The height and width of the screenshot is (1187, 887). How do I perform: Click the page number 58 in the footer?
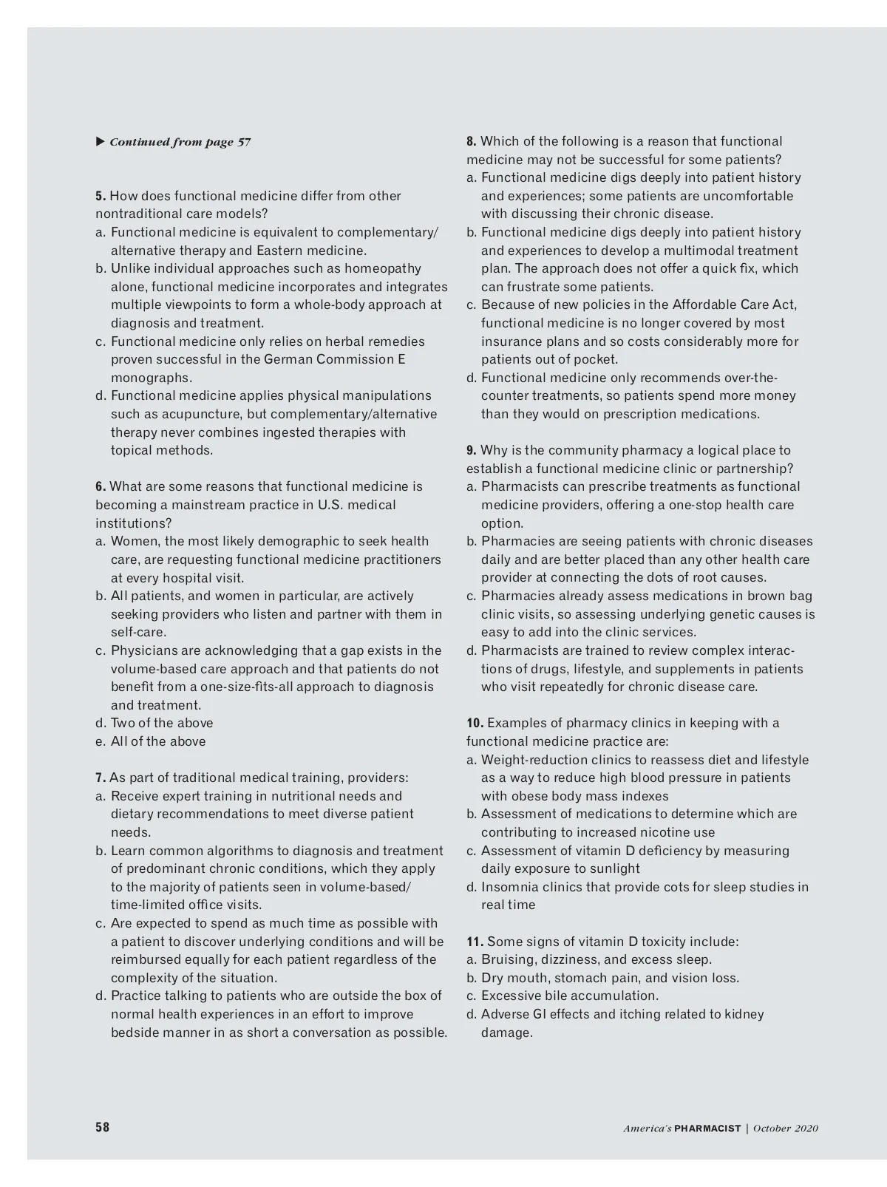point(102,1126)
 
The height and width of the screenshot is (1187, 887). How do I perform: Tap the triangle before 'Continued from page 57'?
point(100,141)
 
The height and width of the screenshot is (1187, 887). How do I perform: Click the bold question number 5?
point(101,196)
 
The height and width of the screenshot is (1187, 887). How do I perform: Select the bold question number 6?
point(101,486)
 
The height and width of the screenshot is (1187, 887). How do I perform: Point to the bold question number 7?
point(101,778)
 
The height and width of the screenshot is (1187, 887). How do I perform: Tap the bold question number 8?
point(472,141)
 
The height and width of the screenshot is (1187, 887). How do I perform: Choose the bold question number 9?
point(472,450)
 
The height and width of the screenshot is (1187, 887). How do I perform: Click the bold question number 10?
point(475,723)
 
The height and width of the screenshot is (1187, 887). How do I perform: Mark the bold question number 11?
point(475,942)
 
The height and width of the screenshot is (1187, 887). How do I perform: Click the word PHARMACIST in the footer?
point(707,1128)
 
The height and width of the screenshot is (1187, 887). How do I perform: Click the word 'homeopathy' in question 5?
point(383,268)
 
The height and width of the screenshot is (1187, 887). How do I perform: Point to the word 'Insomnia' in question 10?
point(507,887)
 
